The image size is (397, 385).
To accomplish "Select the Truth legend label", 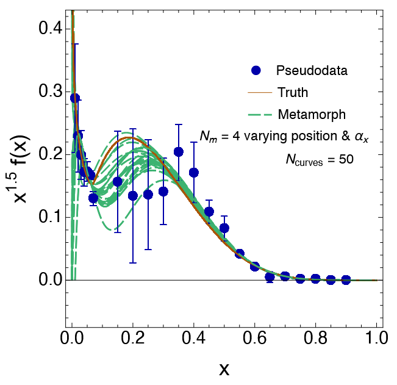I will (293, 93).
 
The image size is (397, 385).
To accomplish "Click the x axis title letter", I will (224, 369).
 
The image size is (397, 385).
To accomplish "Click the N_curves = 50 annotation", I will (320, 160).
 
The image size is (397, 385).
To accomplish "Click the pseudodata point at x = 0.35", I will (179, 151).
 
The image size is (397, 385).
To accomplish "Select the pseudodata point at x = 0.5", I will (224, 228).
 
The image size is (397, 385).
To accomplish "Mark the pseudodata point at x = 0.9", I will (346, 279).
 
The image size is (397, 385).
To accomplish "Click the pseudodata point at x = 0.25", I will (148, 195).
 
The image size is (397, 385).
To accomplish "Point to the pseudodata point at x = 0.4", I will (194, 173).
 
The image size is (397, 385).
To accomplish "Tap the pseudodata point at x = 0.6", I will (255, 267).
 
